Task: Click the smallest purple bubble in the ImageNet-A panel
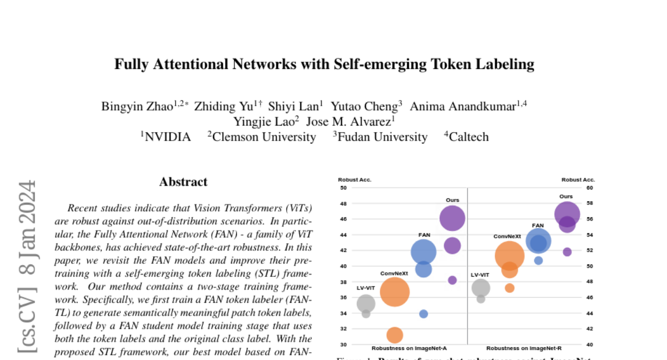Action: (x=452, y=280)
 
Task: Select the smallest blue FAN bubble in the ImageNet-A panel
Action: (x=424, y=314)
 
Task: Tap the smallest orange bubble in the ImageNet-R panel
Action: (x=510, y=288)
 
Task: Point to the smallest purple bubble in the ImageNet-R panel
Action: (x=567, y=252)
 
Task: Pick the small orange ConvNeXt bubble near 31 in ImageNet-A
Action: (x=395, y=335)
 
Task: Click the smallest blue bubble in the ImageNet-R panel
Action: (x=538, y=260)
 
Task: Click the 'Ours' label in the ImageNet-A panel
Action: (x=452, y=200)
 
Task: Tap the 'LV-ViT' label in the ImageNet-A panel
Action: (x=366, y=288)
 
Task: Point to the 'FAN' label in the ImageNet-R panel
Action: (x=538, y=226)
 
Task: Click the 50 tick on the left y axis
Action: (x=343, y=188)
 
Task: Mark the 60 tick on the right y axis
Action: (x=590, y=188)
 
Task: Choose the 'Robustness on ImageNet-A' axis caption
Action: (x=409, y=348)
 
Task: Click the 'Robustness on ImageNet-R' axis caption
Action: (x=524, y=348)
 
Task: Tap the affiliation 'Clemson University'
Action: (x=264, y=137)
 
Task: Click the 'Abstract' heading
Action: (x=183, y=182)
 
